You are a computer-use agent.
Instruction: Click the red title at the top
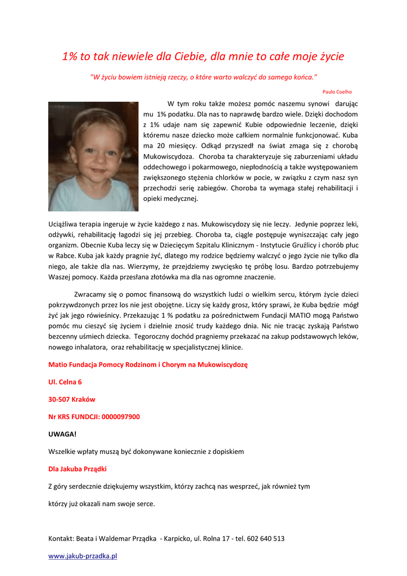click(x=203, y=56)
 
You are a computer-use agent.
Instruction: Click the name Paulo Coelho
click(x=337, y=91)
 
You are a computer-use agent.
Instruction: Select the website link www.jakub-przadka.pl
click(x=83, y=556)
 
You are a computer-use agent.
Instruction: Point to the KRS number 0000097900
click(x=117, y=417)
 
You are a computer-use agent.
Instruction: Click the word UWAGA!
click(x=62, y=434)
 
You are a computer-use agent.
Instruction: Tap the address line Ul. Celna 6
click(x=65, y=382)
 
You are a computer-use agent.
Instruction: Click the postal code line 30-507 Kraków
click(x=72, y=399)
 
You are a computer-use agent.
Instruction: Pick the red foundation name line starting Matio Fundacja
click(x=148, y=364)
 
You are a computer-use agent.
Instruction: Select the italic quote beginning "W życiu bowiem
click(x=203, y=76)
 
